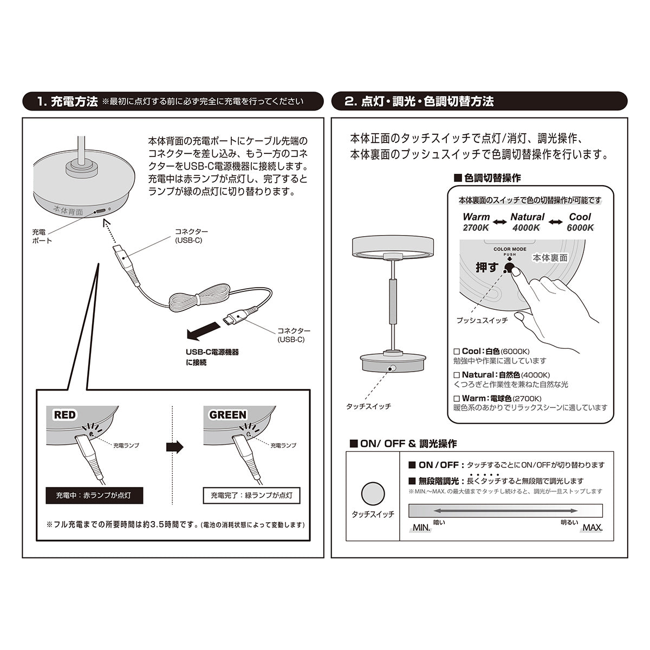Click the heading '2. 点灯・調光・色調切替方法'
(x=419, y=101)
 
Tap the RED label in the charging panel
(x=65, y=415)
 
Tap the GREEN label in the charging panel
(x=227, y=415)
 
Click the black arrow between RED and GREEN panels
(x=174, y=447)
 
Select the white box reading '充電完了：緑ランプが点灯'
(x=251, y=495)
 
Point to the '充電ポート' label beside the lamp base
(x=42, y=236)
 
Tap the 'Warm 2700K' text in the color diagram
(x=476, y=222)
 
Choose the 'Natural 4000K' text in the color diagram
(x=527, y=222)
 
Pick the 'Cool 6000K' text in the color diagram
(x=580, y=222)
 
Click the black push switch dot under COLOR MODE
(x=509, y=266)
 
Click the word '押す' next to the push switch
(x=486, y=267)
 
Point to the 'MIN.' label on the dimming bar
(x=421, y=528)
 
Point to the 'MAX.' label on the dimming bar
(x=592, y=528)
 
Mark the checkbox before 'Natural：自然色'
(x=457, y=375)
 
